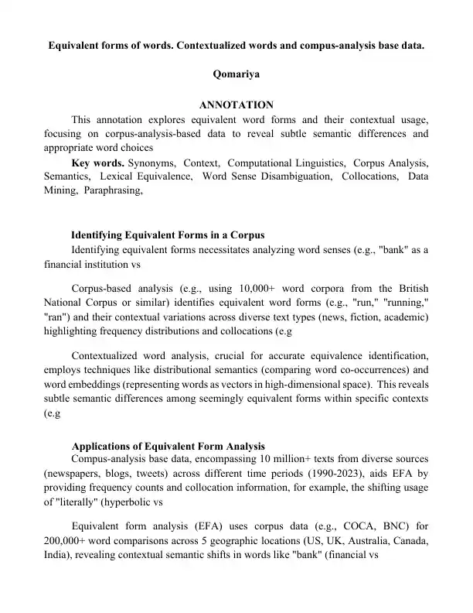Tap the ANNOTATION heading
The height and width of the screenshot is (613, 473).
[x=236, y=105]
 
